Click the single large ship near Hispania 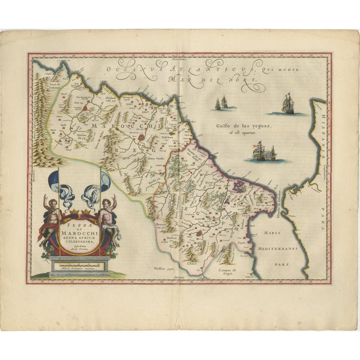293,103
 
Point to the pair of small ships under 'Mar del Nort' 221,103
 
